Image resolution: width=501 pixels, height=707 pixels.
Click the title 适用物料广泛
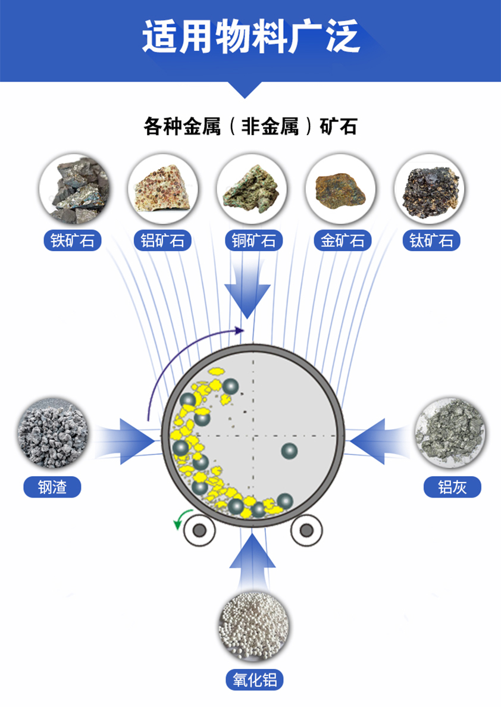250,37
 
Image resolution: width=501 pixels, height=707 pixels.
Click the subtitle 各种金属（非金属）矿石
250,127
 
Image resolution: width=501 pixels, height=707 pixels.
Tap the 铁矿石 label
73,240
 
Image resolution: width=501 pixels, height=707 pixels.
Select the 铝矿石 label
162,240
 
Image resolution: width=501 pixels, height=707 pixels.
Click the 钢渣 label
52,487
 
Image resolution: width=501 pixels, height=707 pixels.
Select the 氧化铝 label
255,679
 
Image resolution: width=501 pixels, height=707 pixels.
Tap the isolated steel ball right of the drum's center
289,452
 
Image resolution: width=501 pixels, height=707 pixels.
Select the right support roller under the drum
307,530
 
